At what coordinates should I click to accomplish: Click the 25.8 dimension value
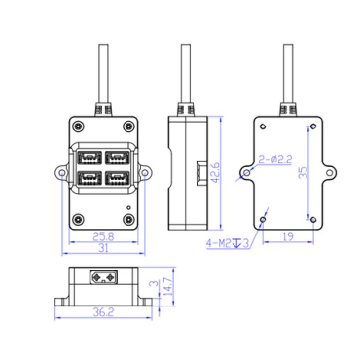coord(103,236)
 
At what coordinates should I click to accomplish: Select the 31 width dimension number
coord(103,248)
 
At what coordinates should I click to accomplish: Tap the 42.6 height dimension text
coord(215,173)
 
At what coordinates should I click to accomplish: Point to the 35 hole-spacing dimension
coord(304,172)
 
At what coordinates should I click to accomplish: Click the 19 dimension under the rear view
coord(288,236)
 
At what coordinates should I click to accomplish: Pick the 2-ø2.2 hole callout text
coord(275,160)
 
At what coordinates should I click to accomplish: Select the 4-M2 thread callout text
coord(218,243)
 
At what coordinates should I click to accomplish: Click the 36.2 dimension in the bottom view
coord(103,312)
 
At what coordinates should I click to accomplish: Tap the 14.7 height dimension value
coord(168,286)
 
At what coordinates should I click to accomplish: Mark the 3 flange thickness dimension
coord(155,283)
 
